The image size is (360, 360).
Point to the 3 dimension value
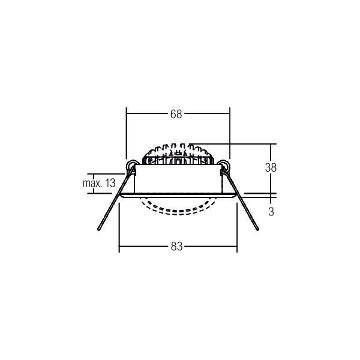point(271,212)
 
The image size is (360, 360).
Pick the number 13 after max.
point(110,183)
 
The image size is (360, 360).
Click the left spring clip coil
point(131,164)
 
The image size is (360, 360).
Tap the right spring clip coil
point(224,164)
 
